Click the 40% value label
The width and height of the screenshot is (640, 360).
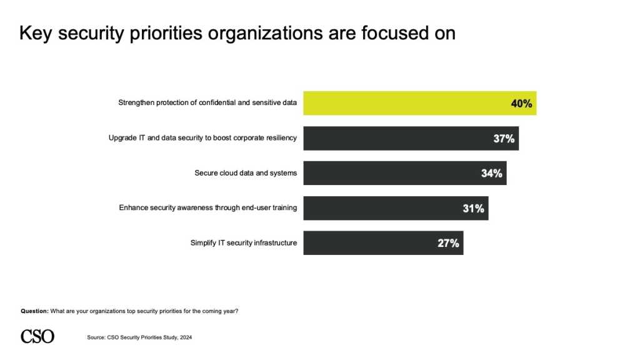pos(521,104)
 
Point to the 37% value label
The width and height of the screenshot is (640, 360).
pos(504,139)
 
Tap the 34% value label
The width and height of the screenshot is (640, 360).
pos(491,174)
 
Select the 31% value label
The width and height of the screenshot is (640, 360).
pos(473,209)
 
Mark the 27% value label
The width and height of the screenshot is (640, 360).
pos(448,244)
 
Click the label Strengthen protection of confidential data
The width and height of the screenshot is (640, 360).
pos(207,103)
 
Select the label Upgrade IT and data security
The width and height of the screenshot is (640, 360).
pos(202,138)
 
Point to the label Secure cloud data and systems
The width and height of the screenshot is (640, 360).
pos(246,173)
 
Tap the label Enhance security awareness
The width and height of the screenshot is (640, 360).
pos(207,208)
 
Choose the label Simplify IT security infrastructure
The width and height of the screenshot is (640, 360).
pos(243,243)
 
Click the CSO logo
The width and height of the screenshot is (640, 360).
pos(37,336)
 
